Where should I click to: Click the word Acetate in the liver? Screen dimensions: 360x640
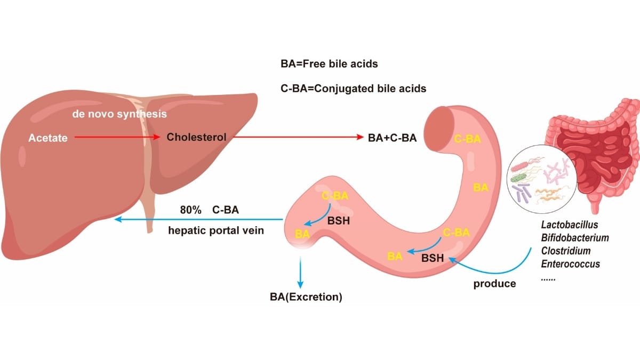tap(48, 138)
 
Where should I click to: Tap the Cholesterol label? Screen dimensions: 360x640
tap(196, 137)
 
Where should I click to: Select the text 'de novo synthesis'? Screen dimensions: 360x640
tap(119, 114)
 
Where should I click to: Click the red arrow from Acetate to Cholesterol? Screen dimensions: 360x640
tap(117, 138)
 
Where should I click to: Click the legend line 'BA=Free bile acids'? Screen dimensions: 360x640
tap(329, 64)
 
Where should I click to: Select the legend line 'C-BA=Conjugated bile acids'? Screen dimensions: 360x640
tap(353, 89)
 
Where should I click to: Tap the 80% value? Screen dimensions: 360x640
tap(190, 210)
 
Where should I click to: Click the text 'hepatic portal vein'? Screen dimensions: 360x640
tap(216, 231)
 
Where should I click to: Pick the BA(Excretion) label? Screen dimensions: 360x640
tap(306, 297)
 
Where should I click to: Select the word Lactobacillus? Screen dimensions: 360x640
tap(570, 225)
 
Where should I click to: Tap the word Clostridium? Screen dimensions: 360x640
tap(566, 251)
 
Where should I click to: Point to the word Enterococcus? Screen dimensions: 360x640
tap(570, 263)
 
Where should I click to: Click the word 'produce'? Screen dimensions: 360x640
tap(494, 284)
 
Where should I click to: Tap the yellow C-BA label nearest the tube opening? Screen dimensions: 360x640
tap(467, 140)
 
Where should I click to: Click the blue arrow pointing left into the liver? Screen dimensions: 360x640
tap(197, 220)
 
